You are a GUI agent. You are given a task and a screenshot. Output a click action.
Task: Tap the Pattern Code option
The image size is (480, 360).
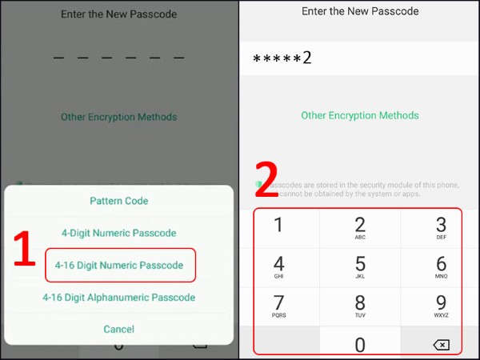[x=118, y=201]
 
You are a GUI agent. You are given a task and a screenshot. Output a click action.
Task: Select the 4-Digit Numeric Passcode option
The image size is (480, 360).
[x=118, y=233]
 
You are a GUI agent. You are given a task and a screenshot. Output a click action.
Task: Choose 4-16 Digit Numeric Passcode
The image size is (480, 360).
[x=118, y=265]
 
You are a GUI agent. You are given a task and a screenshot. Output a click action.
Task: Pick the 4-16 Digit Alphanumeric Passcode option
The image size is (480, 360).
[x=118, y=297]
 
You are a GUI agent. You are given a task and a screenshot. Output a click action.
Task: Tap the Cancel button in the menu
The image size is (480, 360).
[x=118, y=329]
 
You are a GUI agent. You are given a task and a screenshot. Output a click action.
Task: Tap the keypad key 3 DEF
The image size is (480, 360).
[x=441, y=227]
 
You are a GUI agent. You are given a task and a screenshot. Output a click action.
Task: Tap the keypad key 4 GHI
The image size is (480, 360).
[x=279, y=266]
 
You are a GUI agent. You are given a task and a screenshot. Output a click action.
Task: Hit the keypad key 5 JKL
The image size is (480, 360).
[x=360, y=266]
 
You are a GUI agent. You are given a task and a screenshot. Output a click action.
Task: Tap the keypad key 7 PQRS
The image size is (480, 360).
[x=279, y=305]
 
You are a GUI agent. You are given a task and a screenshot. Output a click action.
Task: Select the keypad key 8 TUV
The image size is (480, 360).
[x=360, y=305]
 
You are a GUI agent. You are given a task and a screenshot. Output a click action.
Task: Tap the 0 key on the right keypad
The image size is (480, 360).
[x=360, y=344]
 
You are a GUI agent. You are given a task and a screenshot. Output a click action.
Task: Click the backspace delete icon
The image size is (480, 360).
[x=441, y=345]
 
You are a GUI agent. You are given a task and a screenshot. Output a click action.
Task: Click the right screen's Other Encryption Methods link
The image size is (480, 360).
[x=359, y=116]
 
